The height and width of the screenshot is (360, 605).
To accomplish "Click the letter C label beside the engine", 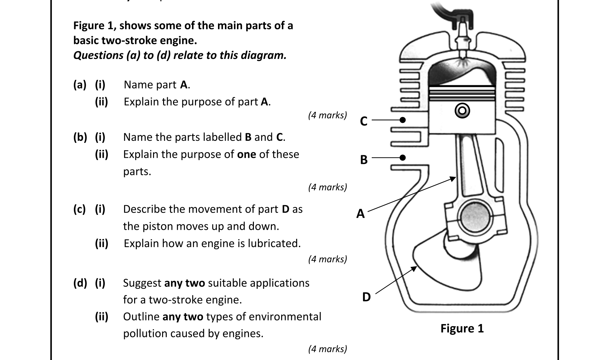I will (x=364, y=121).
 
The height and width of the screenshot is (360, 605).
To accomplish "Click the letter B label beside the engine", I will (x=364, y=160).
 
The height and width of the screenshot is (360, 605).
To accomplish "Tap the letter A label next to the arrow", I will (x=360, y=213).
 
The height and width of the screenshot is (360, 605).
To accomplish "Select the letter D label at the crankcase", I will (x=366, y=297).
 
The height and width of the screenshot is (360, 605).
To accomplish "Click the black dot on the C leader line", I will (x=403, y=120).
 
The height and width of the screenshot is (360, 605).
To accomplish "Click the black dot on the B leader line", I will (x=403, y=158).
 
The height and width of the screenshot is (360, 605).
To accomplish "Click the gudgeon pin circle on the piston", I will (x=462, y=111).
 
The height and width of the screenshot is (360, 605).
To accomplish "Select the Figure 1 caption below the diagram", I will (x=462, y=328).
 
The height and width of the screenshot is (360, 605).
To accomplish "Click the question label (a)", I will (x=80, y=85).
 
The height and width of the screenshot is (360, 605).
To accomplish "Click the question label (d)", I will (x=80, y=283).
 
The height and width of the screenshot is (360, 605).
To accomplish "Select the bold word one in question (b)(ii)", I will (x=246, y=155).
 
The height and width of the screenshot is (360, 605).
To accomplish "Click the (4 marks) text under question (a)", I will (x=327, y=115).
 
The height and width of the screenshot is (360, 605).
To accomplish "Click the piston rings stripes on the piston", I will (x=462, y=93).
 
